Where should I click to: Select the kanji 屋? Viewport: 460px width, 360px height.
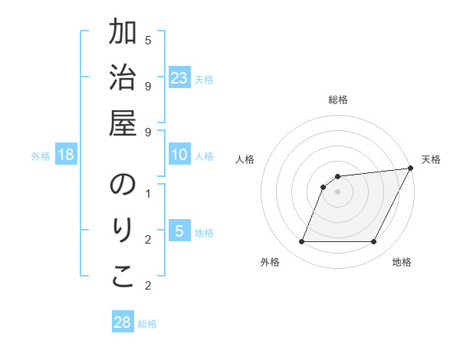tap(123, 123)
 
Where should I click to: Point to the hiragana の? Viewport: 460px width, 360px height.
tap(123, 185)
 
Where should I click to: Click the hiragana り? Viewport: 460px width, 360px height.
tap(123, 231)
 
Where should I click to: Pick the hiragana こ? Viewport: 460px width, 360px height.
tap(123, 277)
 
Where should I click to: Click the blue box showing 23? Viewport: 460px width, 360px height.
tap(179, 78)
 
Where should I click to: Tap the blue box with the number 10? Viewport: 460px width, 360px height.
tap(179, 155)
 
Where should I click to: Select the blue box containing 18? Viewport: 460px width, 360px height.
tap(66, 155)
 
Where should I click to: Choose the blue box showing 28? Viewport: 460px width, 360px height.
tap(123, 322)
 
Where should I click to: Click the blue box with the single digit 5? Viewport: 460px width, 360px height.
tap(179, 232)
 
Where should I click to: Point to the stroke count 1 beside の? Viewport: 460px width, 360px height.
tap(148, 193)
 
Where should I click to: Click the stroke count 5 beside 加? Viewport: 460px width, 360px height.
tap(148, 40)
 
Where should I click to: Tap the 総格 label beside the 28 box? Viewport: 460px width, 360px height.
tap(147, 324)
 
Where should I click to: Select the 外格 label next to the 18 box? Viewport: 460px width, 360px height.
tap(41, 156)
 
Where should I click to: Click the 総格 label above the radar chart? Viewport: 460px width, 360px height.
tap(337, 100)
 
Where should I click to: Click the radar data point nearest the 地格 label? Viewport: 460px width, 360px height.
tap(374, 242)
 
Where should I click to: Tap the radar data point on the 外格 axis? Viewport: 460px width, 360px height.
tap(301, 242)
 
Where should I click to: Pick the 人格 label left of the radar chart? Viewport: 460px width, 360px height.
tap(245, 159)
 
